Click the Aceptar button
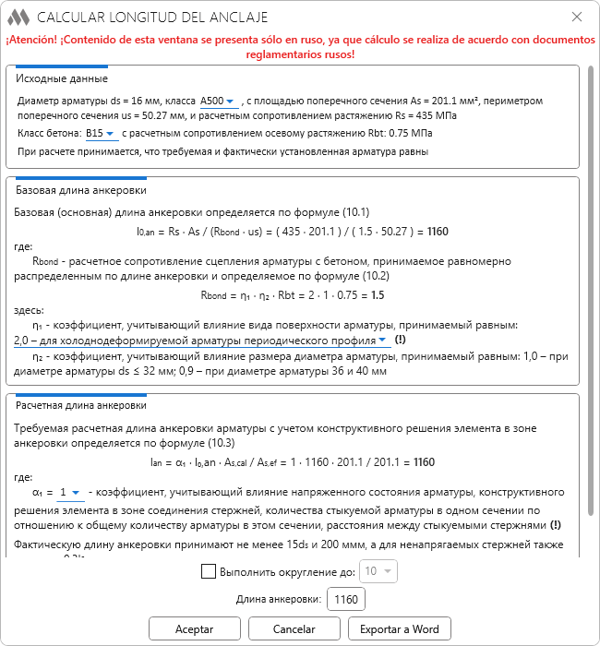(x=194, y=628)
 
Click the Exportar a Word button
(x=400, y=628)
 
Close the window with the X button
(x=577, y=17)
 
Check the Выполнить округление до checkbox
(x=209, y=571)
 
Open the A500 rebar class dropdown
(x=219, y=101)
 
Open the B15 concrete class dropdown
(x=102, y=134)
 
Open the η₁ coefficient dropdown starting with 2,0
(x=202, y=340)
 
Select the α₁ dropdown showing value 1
(x=70, y=492)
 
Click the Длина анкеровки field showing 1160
(x=346, y=600)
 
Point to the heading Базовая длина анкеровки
(x=81, y=190)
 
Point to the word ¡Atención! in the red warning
(x=41, y=41)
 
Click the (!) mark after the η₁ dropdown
(x=400, y=340)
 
